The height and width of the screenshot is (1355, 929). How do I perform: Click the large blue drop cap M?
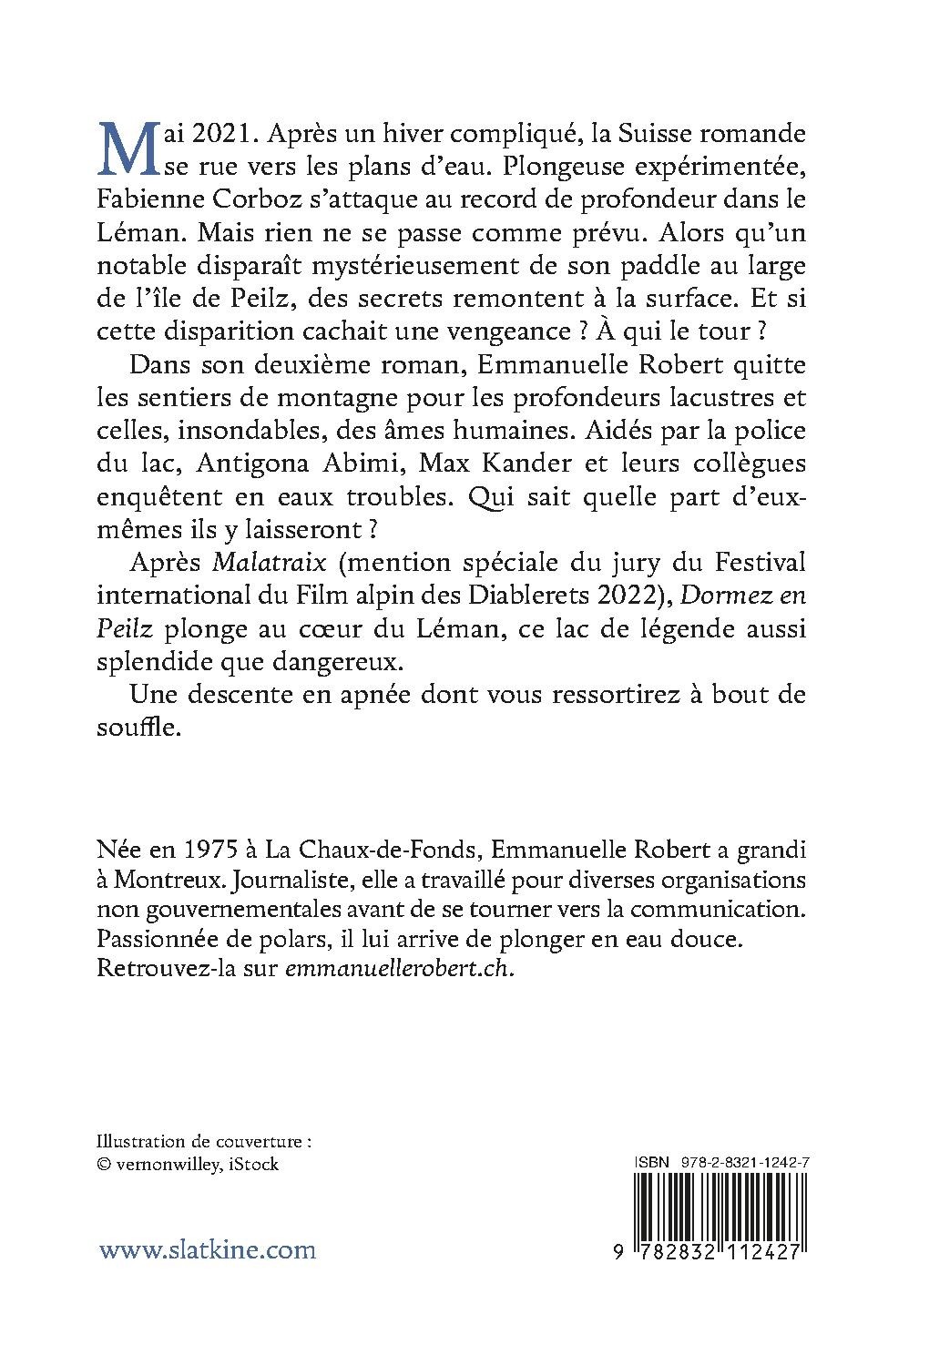click(122, 148)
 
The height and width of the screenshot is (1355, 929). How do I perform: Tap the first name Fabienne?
click(145, 199)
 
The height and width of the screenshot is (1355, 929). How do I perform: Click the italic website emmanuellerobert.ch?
click(400, 970)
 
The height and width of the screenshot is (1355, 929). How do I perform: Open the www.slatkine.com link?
click(207, 1248)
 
